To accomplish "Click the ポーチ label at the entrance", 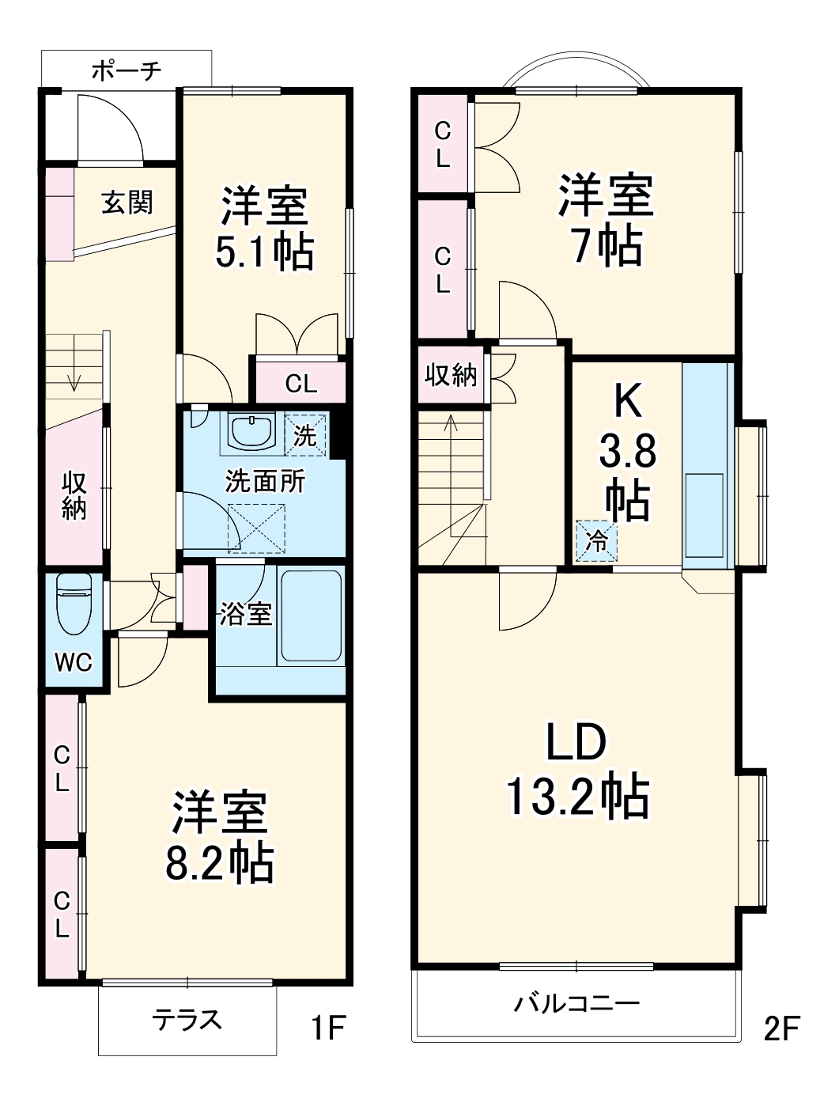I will [x=127, y=70].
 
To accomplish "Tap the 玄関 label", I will [x=127, y=203].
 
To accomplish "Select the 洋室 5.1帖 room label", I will [x=264, y=229].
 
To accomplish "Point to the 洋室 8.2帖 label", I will [x=219, y=837].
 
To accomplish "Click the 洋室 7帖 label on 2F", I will [x=607, y=219].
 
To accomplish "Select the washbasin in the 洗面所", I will [x=251, y=431].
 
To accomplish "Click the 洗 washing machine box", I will [x=305, y=435].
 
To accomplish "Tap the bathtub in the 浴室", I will [x=310, y=615].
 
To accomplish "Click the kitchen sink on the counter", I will [x=704, y=515].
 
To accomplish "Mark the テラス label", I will [x=187, y=1021].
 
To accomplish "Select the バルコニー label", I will [x=576, y=1004].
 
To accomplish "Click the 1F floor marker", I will [x=327, y=1028].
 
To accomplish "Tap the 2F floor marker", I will [x=781, y=1028].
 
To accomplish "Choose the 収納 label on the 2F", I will [x=452, y=374].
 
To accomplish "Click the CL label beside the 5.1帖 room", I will [x=300, y=384].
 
